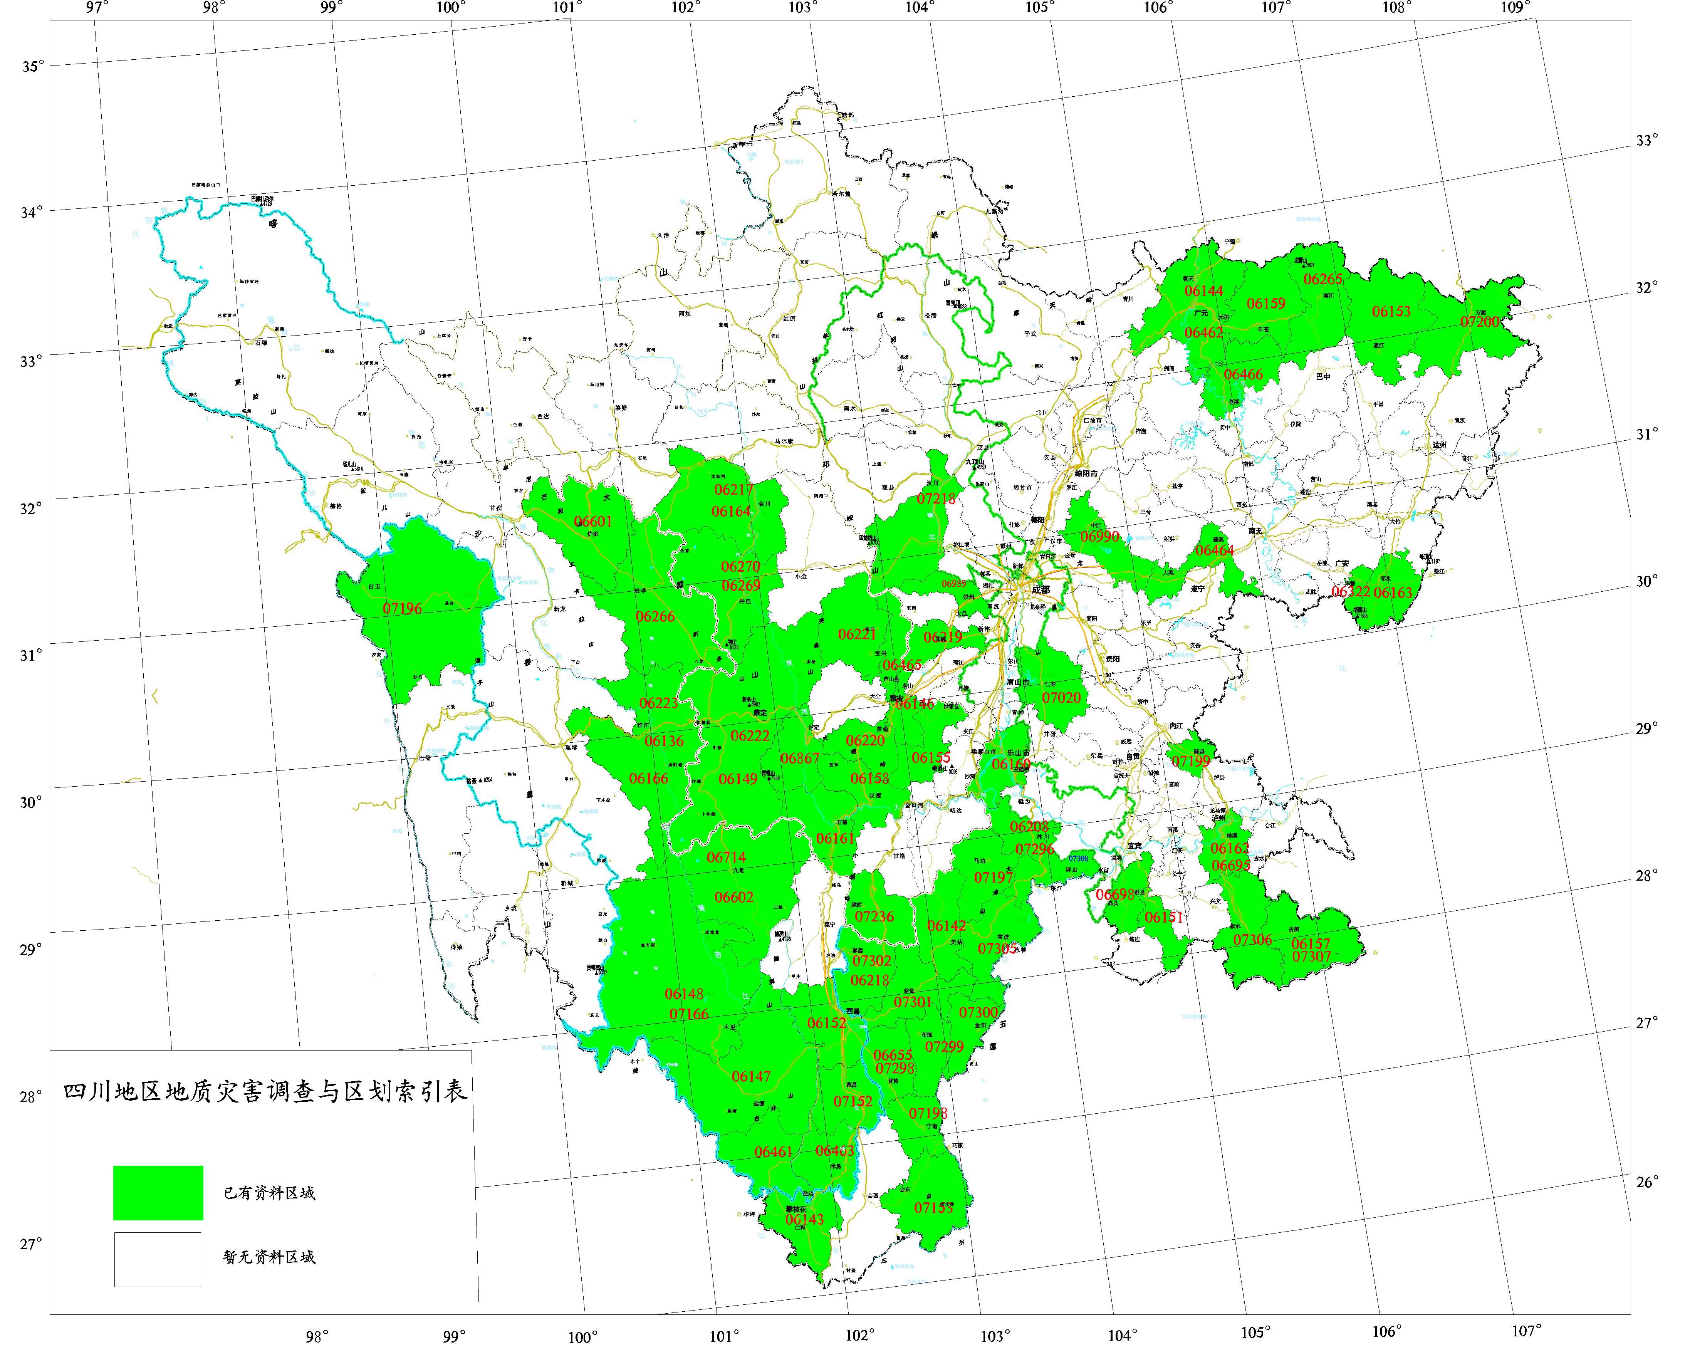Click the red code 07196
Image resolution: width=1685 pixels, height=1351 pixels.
(x=403, y=608)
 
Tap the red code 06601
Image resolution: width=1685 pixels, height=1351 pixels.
(x=593, y=521)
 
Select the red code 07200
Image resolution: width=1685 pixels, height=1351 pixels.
(x=1479, y=322)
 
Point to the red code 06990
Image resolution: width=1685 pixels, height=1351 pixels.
(x=1099, y=537)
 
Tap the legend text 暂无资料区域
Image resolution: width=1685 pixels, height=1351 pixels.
(x=270, y=1257)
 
